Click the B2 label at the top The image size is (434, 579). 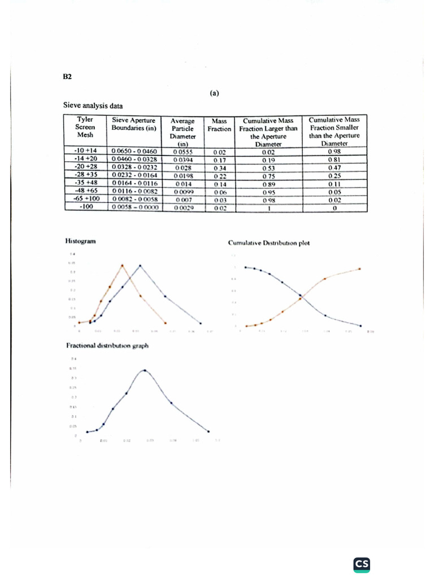pos(67,76)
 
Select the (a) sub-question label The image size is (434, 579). pos(215,94)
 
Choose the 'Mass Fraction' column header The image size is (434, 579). pos(219,124)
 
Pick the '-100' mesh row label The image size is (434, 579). pos(85,207)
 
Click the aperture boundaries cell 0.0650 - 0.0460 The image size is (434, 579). pos(134,152)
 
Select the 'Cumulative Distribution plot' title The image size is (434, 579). pos(268,244)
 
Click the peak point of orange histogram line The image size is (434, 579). pos(123,265)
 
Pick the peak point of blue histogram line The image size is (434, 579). pos(140,265)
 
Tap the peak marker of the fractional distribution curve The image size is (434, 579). pos(145,370)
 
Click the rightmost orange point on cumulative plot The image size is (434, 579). pos(360,269)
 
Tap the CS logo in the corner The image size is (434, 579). pos(362,564)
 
